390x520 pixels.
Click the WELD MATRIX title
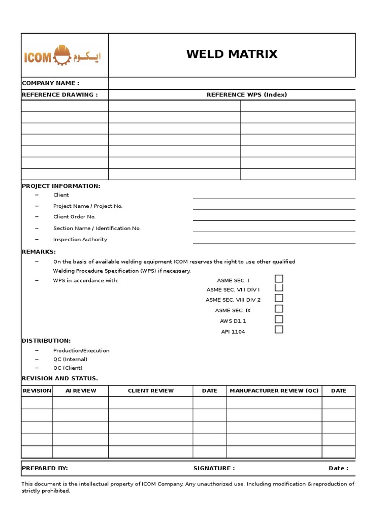point(232,54)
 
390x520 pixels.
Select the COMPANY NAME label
point(50,83)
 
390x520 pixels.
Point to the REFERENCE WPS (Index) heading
point(246,94)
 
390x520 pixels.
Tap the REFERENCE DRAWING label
point(59,94)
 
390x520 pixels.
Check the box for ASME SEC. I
point(279,279)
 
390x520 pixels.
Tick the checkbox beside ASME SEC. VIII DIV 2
point(279,299)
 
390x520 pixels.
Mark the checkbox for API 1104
point(279,330)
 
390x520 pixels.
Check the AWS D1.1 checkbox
point(279,319)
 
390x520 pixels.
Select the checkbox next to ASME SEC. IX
point(279,309)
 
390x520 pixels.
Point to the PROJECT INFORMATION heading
point(61,186)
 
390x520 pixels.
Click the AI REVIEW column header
point(81,391)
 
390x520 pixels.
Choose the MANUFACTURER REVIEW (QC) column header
point(274,391)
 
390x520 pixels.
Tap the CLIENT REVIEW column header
point(151,391)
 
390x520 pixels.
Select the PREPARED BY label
point(45,468)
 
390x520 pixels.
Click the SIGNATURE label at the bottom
point(214,468)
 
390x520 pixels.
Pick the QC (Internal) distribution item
point(70,359)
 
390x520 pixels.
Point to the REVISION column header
point(37,391)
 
